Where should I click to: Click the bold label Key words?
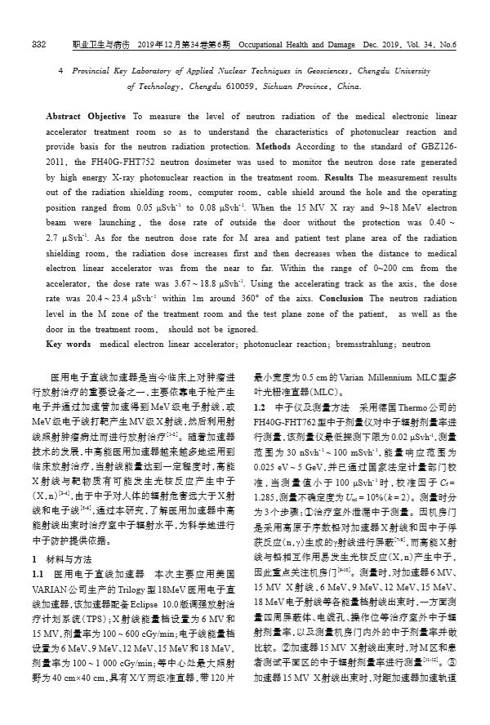[x=69, y=345]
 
